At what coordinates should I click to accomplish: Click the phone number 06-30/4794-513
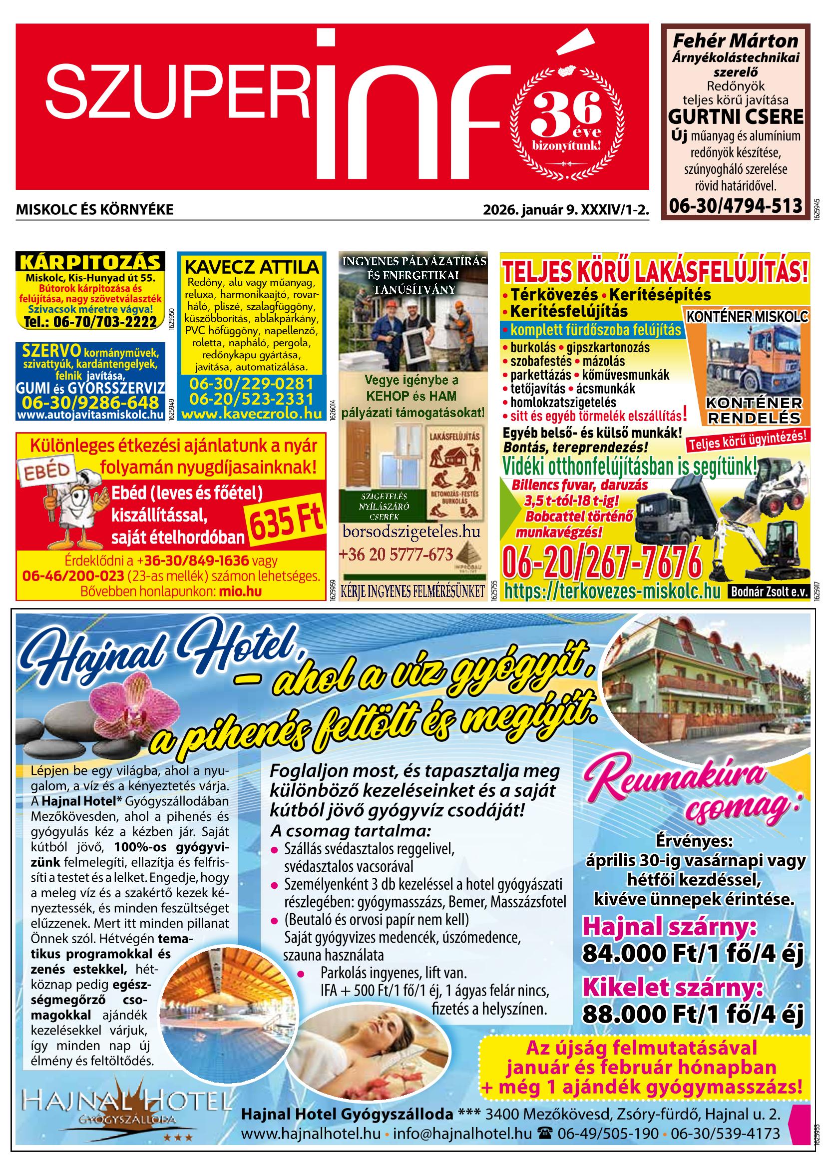(x=735, y=206)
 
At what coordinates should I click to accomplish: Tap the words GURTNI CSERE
(x=735, y=116)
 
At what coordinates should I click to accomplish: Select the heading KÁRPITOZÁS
(x=90, y=262)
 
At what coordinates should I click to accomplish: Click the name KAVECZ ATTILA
(x=251, y=267)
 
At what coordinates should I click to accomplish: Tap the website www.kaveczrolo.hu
(x=251, y=414)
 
